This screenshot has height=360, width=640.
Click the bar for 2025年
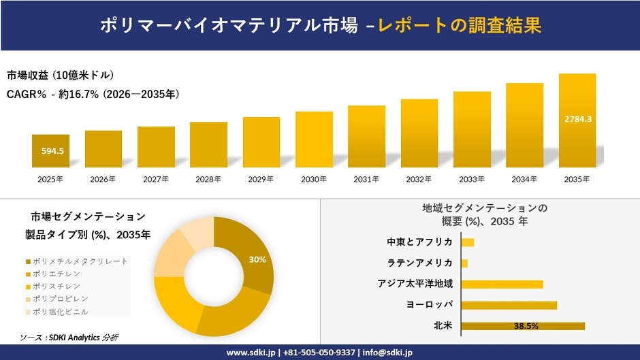tap(50, 150)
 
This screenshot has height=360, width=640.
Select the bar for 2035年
tap(577, 120)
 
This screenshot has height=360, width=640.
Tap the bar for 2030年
tap(314, 140)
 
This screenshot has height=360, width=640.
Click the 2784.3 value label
tap(577, 119)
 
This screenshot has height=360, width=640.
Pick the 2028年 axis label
tap(208, 179)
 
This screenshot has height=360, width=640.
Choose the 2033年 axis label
tap(472, 179)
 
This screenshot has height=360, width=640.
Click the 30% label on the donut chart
tap(257, 259)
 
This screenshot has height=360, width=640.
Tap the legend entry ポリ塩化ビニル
tap(65, 312)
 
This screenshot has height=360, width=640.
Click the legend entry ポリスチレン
tap(61, 287)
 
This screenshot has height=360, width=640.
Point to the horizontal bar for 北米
tap(523, 326)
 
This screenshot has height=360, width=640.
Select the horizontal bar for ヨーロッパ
tap(509, 305)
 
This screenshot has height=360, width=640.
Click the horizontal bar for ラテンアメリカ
tap(464, 263)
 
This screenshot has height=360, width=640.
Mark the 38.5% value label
tap(526, 326)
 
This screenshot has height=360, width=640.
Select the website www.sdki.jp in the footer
tap(249, 353)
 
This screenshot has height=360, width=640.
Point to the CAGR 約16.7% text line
tap(93, 95)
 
